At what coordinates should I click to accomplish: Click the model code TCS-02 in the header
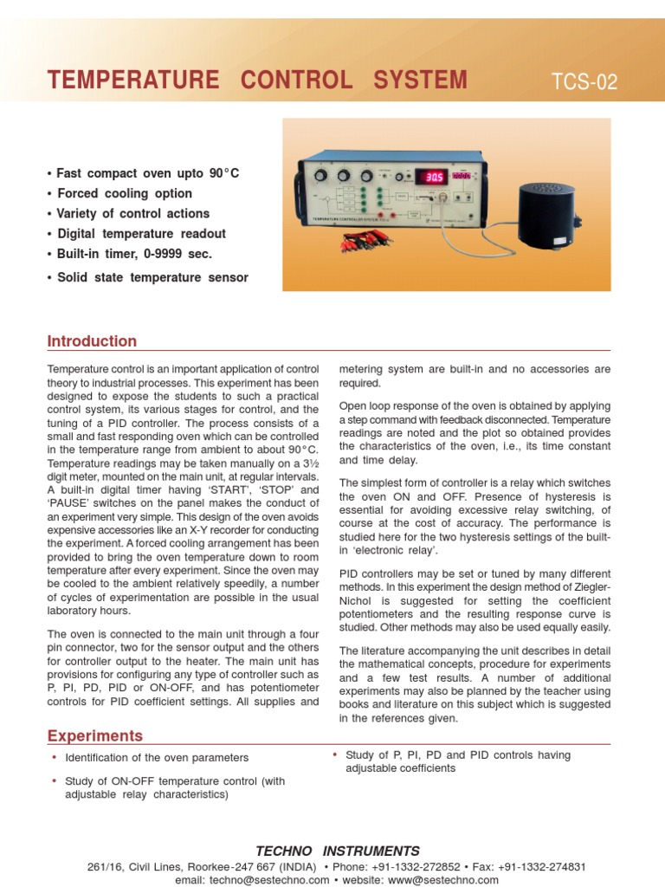[585, 83]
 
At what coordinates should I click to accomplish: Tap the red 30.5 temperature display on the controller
[432, 177]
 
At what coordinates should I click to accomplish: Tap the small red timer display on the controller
[462, 176]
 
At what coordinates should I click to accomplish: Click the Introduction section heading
[92, 341]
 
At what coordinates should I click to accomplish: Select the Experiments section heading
[95, 736]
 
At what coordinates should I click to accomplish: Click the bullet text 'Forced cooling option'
[124, 193]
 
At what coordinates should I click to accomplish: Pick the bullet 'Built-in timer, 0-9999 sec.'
[134, 254]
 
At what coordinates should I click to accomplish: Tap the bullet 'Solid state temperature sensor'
[152, 277]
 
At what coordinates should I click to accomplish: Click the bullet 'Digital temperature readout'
[141, 233]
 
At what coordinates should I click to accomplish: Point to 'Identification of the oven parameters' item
[157, 758]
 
